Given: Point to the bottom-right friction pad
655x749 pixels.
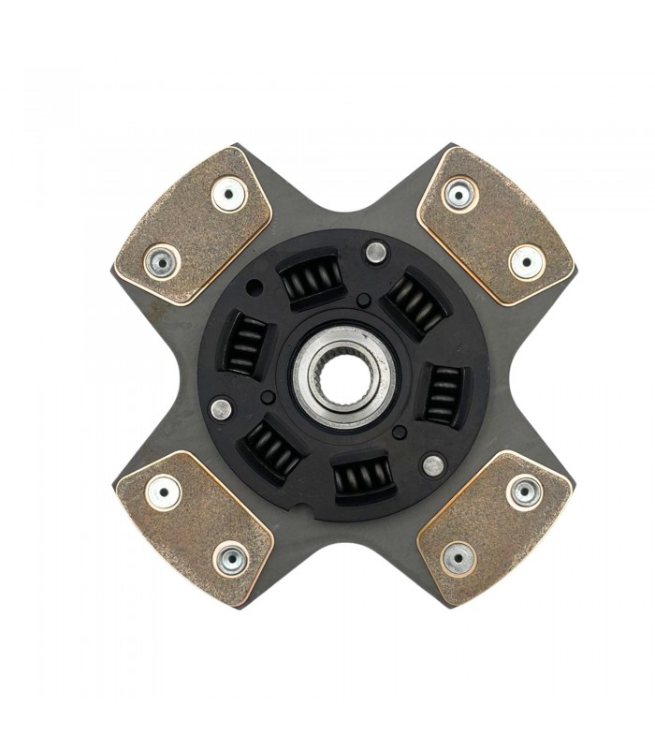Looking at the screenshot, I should pyautogui.click(x=494, y=527).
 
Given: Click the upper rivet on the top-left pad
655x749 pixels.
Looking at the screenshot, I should pyautogui.click(x=227, y=195).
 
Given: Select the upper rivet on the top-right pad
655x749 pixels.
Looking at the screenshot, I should pyautogui.click(x=459, y=195).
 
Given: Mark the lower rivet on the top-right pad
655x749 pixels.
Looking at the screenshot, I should pyautogui.click(x=526, y=261).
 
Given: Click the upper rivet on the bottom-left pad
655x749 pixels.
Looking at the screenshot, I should pyautogui.click(x=163, y=492).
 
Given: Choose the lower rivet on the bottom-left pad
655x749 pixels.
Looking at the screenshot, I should pyautogui.click(x=230, y=559).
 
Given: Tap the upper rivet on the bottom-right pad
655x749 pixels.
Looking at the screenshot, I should pyautogui.click(x=524, y=491).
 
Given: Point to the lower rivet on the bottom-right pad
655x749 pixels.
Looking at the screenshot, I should pyautogui.click(x=458, y=558).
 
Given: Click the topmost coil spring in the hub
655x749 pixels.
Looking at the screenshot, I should pyautogui.click(x=312, y=277).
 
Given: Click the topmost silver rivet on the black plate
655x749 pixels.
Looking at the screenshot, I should pyautogui.click(x=375, y=251).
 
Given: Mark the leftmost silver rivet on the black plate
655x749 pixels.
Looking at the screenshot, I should pyautogui.click(x=221, y=409).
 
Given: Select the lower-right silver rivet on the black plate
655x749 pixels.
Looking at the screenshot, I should pyautogui.click(x=433, y=464).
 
